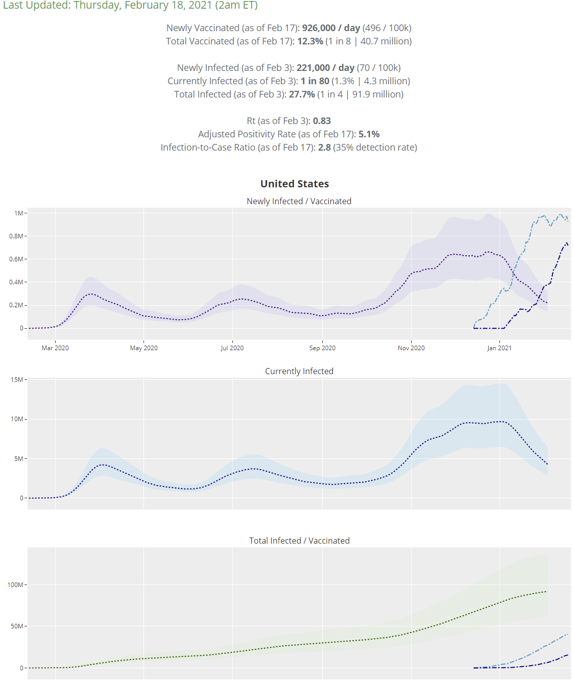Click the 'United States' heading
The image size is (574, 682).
point(295,184)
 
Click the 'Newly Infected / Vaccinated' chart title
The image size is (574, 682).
point(299,201)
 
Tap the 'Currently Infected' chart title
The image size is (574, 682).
point(299,371)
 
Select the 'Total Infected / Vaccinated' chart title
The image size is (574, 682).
point(299,541)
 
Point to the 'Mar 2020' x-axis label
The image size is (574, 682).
point(55,348)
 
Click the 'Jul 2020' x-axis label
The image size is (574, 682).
point(232,348)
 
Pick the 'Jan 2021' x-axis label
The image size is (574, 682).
point(499,348)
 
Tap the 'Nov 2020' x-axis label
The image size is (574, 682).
point(411,348)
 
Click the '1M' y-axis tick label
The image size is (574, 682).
point(19,213)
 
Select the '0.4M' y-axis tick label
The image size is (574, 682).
point(16,282)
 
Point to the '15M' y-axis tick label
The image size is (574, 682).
point(17,380)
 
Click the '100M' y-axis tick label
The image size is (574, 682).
point(15,585)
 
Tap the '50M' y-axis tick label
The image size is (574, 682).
point(17,626)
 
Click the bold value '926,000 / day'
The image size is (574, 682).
point(331,28)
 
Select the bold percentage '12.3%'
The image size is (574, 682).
point(310,41)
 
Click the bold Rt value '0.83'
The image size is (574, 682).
point(322,121)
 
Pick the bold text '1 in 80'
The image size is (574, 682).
point(315,81)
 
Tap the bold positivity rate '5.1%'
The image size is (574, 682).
point(369,134)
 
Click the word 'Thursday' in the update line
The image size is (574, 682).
point(97,6)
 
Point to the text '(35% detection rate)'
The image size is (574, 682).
point(375,148)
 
